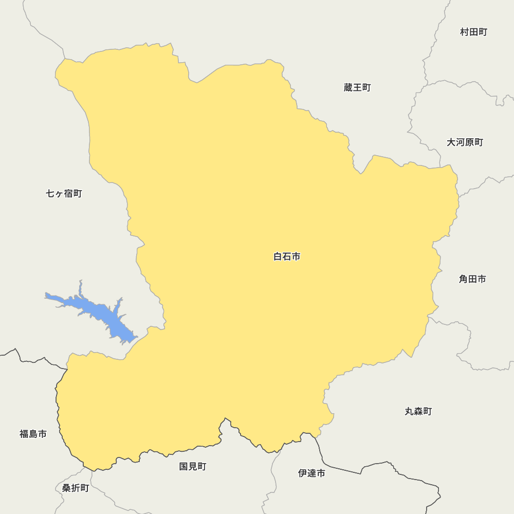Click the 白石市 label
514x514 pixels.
(287, 256)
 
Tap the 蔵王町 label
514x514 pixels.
(357, 87)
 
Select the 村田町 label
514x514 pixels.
(473, 32)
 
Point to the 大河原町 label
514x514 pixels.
(465, 142)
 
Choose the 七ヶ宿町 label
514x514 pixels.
(64, 193)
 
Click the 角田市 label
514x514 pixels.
(472, 279)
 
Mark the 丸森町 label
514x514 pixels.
(418, 411)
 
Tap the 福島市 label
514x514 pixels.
(33, 434)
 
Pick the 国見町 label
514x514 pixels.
(193, 466)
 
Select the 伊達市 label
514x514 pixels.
(311, 473)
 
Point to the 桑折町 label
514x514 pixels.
(76, 488)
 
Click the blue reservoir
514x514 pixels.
(98, 312)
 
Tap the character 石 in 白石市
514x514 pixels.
(287, 256)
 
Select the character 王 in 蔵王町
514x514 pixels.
(357, 87)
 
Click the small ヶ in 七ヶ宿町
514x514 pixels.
(60, 194)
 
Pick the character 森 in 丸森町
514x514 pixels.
(418, 411)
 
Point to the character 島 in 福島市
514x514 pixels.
(33, 434)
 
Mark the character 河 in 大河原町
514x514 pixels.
(460, 142)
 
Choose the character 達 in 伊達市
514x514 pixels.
(311, 473)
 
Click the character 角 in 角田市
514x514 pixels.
(464, 279)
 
